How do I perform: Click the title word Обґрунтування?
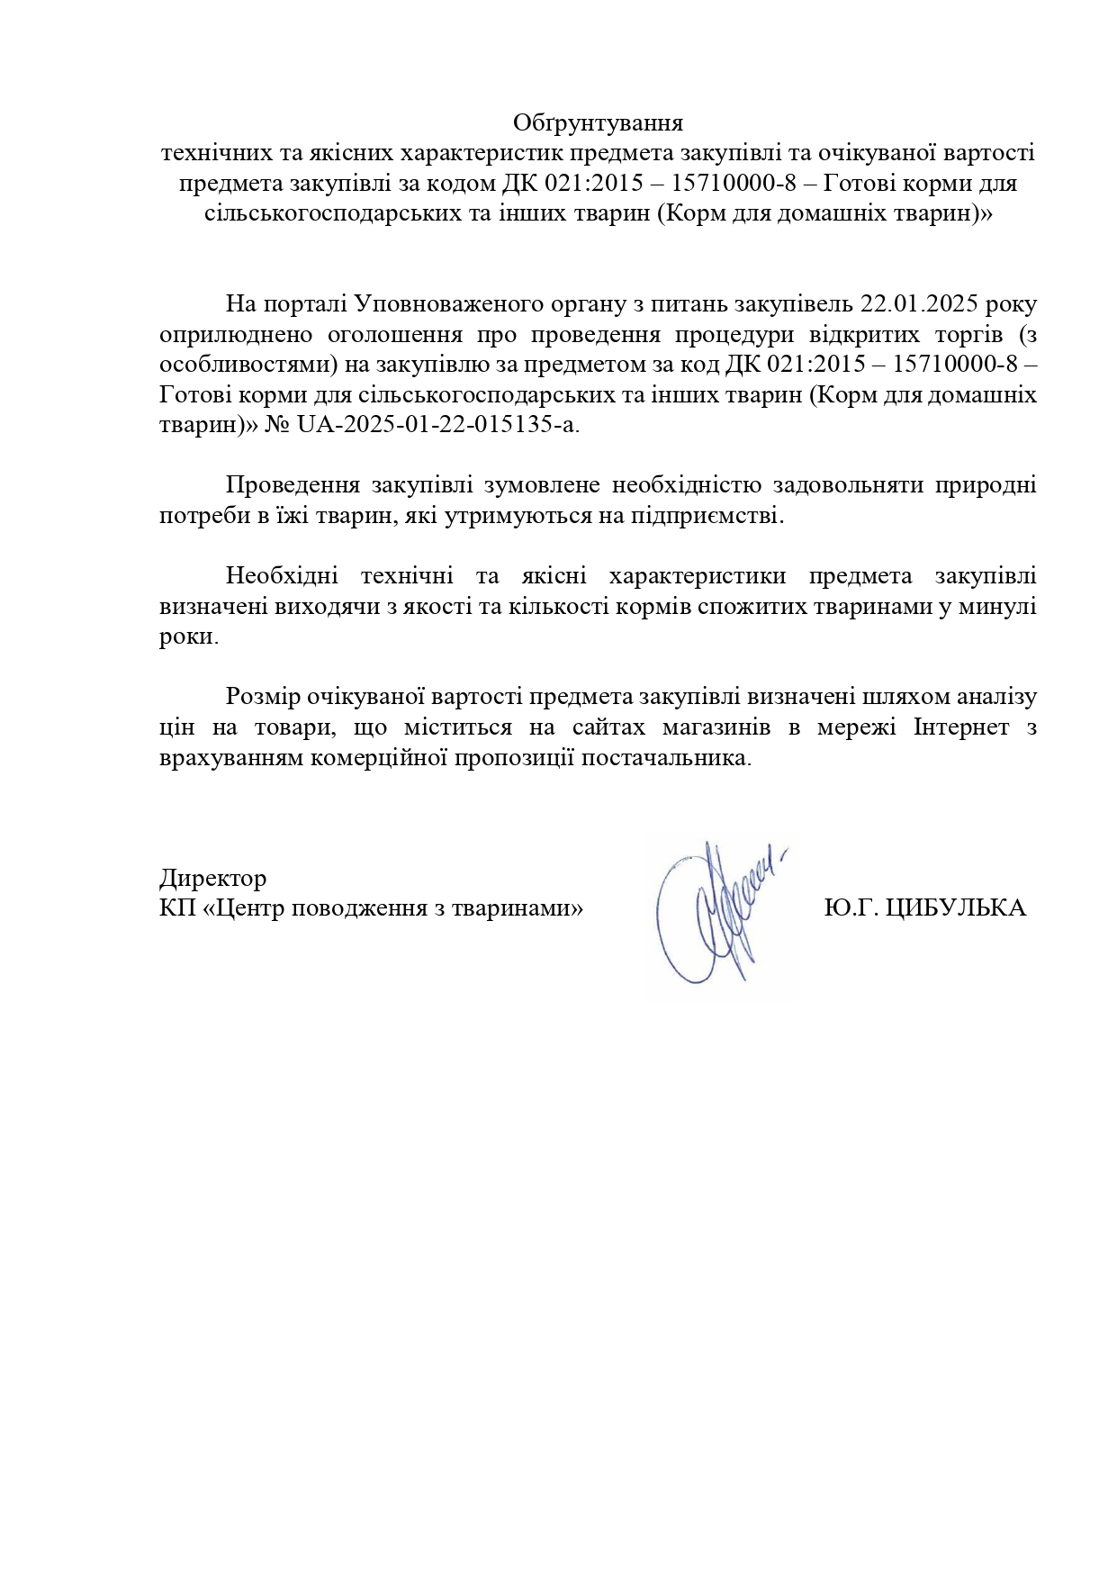point(598,122)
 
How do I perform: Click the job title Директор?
point(212,878)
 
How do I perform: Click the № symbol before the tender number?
point(276,425)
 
